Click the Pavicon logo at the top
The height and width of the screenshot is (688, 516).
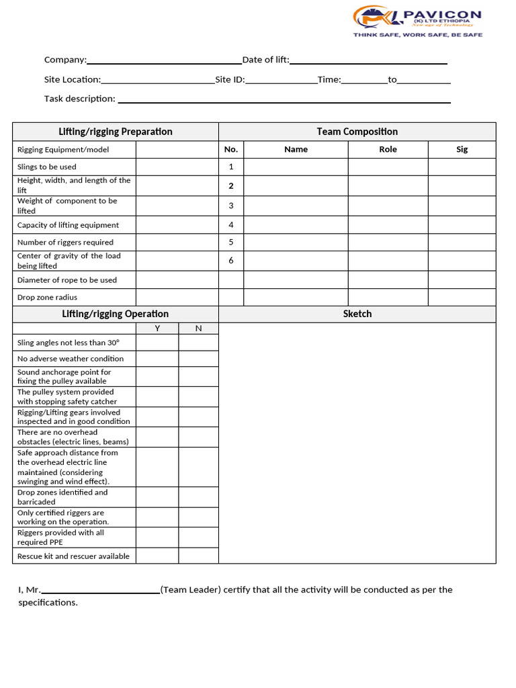point(417,21)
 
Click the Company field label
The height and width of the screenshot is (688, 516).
point(65,60)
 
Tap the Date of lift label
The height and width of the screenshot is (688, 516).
point(265,60)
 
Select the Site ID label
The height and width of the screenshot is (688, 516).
point(230,79)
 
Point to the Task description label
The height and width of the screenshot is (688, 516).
point(79,99)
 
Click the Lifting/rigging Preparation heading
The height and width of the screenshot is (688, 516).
point(116,132)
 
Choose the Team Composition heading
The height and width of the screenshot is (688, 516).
point(357,132)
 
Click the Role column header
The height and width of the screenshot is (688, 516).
point(388,149)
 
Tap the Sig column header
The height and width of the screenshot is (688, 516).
point(462,149)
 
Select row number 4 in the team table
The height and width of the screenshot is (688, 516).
point(231,225)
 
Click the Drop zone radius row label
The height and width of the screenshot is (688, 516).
point(47,297)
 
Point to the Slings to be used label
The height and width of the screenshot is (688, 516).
point(47,167)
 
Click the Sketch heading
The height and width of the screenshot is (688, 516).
point(357,314)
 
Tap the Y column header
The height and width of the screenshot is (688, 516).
point(157,328)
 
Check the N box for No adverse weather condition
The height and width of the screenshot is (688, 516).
point(198,359)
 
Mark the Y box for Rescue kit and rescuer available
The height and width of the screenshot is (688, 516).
point(157,556)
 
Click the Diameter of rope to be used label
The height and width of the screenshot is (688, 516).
point(67,280)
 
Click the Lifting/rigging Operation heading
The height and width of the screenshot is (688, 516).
point(116,314)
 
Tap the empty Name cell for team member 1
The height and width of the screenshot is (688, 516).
point(296,167)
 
